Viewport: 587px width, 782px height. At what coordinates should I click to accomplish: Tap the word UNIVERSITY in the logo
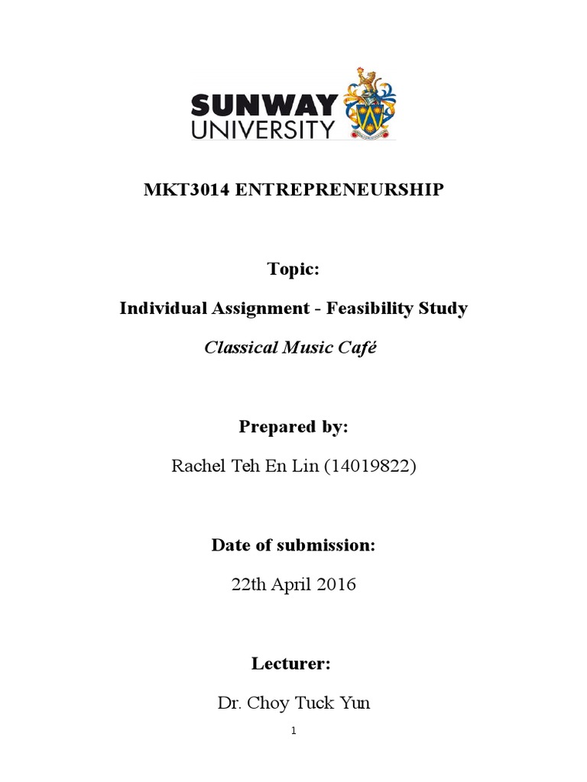point(263,128)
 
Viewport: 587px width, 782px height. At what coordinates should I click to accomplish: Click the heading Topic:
point(293,269)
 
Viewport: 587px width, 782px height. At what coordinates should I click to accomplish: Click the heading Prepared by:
point(293,427)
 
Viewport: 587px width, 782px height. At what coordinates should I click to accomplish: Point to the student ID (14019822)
point(370,467)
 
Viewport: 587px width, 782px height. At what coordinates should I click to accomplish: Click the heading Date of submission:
point(293,545)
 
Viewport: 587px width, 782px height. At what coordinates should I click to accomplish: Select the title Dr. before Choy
point(229,703)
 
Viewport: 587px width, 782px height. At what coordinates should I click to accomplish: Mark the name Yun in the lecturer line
point(355,703)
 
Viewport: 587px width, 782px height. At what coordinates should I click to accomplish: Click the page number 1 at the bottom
point(293,731)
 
